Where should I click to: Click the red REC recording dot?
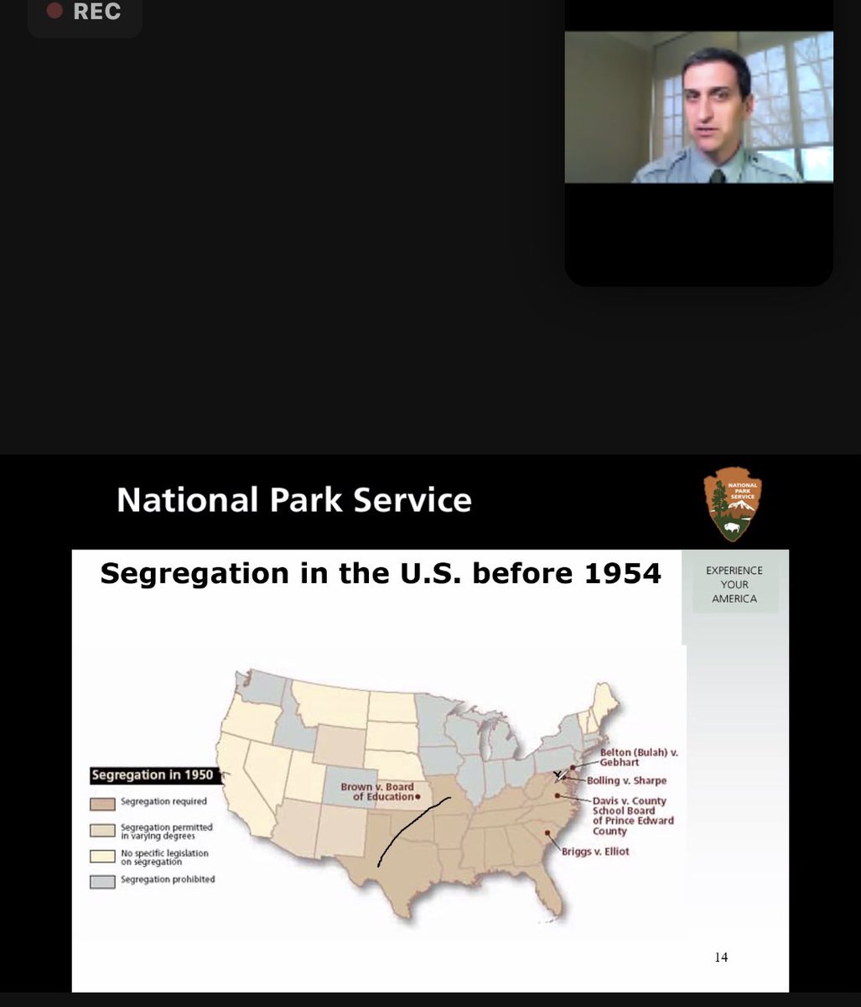tap(55, 12)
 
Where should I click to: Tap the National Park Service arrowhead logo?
tap(732, 503)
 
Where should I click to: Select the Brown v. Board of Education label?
tap(377, 791)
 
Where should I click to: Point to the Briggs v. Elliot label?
tap(595, 851)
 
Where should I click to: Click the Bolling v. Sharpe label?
tap(627, 780)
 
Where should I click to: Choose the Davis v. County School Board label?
tap(633, 816)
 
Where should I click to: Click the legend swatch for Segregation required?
tap(102, 803)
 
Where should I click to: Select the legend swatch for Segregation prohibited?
tap(102, 881)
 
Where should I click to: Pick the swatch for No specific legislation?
tap(102, 857)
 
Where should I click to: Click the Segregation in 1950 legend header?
tap(153, 775)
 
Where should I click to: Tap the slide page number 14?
tap(721, 957)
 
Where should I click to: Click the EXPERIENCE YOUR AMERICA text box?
tap(734, 584)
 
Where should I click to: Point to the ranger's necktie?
tap(718, 175)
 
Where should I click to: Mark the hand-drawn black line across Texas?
tap(411, 831)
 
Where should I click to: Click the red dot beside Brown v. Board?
tap(418, 796)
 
